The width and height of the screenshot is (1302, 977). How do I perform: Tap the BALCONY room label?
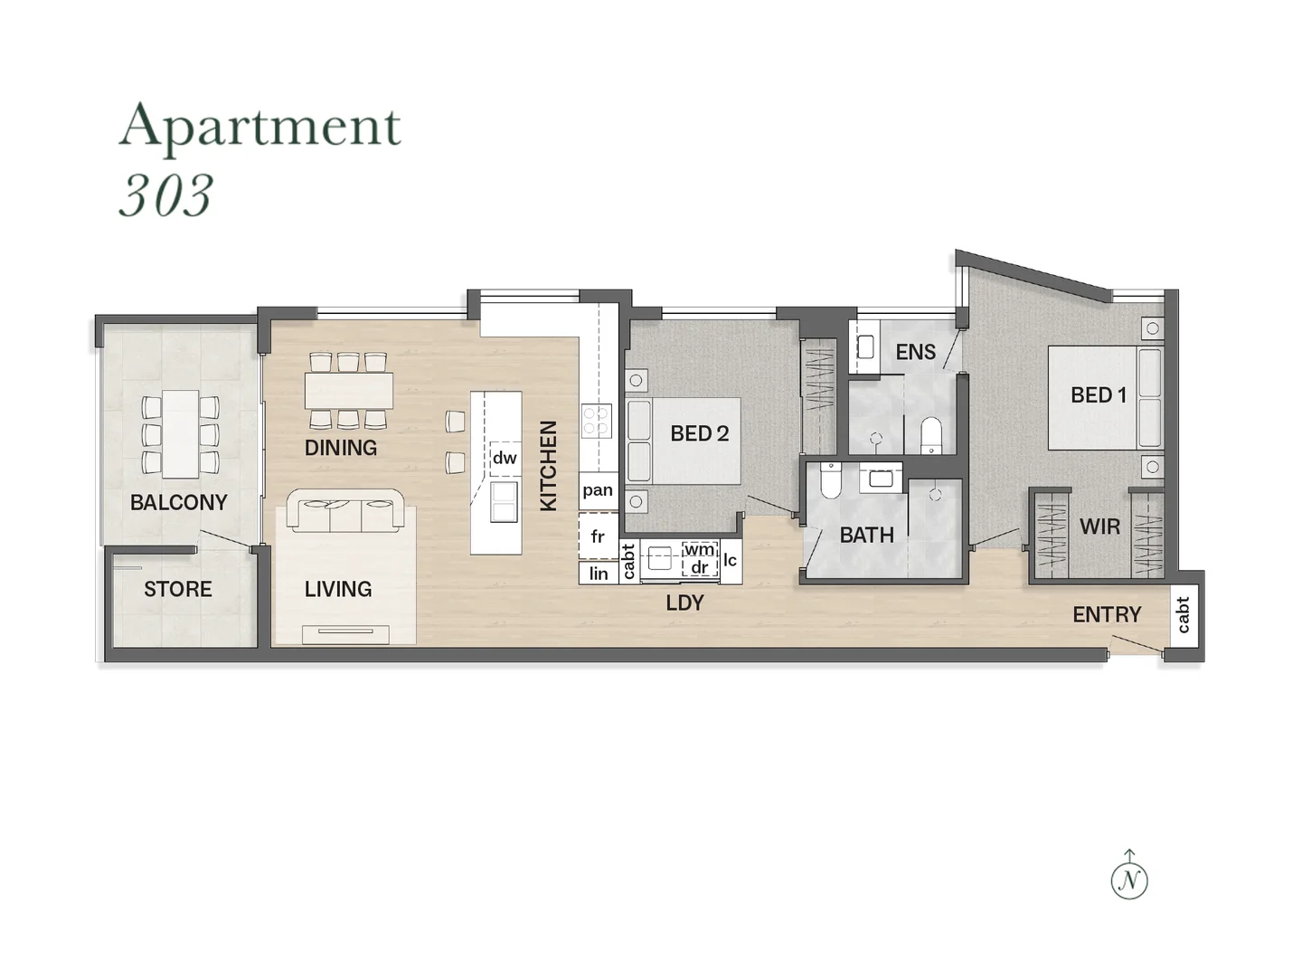tap(178, 502)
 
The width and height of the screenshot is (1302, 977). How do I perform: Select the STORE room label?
tap(177, 589)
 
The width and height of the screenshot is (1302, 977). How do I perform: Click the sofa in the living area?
tap(344, 512)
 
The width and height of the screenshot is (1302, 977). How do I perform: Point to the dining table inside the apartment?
tap(349, 391)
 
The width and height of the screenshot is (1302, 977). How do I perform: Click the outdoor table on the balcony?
tap(180, 434)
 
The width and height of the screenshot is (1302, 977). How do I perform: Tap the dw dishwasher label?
tap(505, 458)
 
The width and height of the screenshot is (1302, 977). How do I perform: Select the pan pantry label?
tap(598, 490)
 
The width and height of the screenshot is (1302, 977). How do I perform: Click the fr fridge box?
tap(598, 536)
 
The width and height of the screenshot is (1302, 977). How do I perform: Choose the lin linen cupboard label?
tap(599, 574)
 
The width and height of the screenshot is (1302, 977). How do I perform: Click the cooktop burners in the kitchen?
tap(596, 422)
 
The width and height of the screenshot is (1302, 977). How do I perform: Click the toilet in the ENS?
tap(930, 435)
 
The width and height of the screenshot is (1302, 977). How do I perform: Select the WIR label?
tap(1099, 526)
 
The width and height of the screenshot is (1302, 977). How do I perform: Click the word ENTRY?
tap(1107, 615)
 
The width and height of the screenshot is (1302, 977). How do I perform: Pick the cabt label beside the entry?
tap(1184, 615)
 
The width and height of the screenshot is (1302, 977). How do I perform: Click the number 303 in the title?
tap(165, 195)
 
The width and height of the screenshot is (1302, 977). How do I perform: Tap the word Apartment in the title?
tap(259, 127)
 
